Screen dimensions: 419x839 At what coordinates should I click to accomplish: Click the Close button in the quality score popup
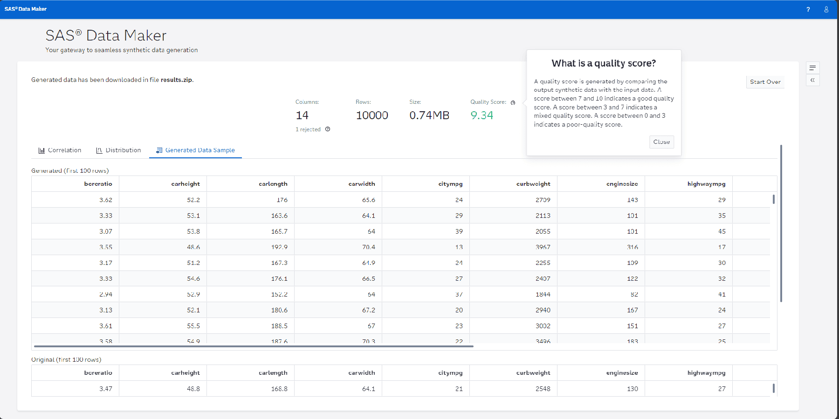pyautogui.click(x=661, y=142)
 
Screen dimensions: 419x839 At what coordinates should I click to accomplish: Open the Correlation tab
pyautogui.click(x=60, y=150)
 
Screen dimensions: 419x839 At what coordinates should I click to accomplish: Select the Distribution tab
pyautogui.click(x=118, y=150)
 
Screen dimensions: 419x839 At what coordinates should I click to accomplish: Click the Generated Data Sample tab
pyautogui.click(x=195, y=150)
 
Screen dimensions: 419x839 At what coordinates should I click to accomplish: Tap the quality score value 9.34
pyautogui.click(x=481, y=115)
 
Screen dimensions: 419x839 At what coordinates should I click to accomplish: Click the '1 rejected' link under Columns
pyautogui.click(x=308, y=129)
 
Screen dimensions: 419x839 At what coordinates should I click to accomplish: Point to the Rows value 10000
pyautogui.click(x=371, y=115)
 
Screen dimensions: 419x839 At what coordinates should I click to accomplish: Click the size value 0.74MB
pyautogui.click(x=429, y=115)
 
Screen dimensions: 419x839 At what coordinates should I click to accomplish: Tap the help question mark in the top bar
pyautogui.click(x=808, y=9)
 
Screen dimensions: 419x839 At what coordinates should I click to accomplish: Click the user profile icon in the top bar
pyautogui.click(x=826, y=9)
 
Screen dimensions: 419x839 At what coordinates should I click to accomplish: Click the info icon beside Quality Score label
pyautogui.click(x=513, y=102)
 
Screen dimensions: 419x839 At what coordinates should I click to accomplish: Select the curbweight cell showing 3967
pyautogui.click(x=543, y=247)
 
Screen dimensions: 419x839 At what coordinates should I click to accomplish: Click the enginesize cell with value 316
pyautogui.click(x=632, y=247)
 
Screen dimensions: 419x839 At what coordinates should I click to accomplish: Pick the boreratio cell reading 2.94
pyautogui.click(x=105, y=295)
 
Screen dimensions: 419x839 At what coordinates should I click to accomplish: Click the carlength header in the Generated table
pyautogui.click(x=273, y=184)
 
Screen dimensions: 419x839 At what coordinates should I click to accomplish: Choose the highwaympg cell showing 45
pyautogui.click(x=722, y=231)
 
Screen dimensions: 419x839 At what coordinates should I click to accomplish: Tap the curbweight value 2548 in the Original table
pyautogui.click(x=543, y=389)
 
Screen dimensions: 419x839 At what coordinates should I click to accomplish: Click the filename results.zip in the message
pyautogui.click(x=176, y=80)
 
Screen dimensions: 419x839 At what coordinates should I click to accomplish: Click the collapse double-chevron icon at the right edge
pyautogui.click(x=812, y=80)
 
